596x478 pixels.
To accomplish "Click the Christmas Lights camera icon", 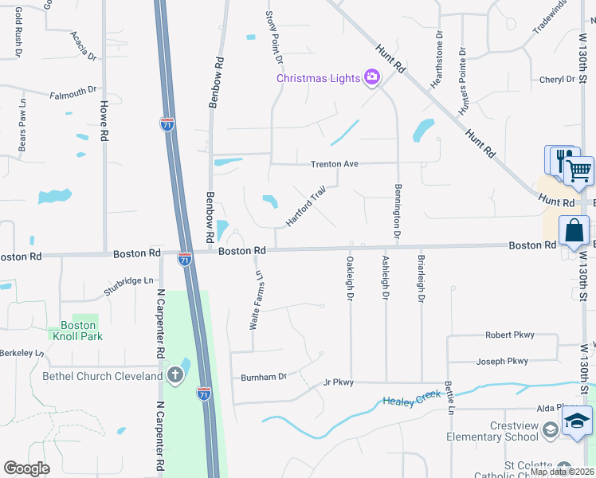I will coord(371,77).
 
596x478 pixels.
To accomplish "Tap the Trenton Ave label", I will coord(334,163).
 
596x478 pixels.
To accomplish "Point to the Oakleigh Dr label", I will coord(350,279).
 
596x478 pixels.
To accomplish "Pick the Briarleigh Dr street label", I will coord(421,279).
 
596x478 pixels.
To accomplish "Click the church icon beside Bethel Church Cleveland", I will coord(175,375).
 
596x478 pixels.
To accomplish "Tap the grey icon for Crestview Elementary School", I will coord(550,431).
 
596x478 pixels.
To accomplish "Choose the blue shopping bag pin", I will coord(574,231).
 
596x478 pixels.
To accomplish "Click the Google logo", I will coord(26,468).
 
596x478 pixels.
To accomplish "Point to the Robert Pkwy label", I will coord(510,335).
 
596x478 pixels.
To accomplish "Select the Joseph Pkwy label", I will coord(502,361).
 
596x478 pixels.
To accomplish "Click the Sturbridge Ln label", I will coord(128,281).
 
